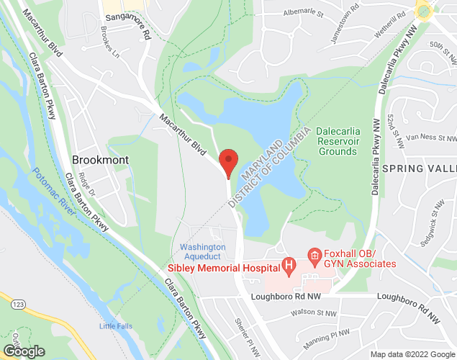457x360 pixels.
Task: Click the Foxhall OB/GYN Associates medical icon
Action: [x=314, y=255]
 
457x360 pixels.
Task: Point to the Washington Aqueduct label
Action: [x=203, y=252]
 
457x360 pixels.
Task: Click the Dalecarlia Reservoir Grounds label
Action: [x=338, y=142]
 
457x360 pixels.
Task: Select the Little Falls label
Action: [x=116, y=326]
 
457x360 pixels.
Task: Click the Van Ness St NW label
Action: [x=431, y=137]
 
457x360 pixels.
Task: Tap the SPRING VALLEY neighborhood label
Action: [x=420, y=168]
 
